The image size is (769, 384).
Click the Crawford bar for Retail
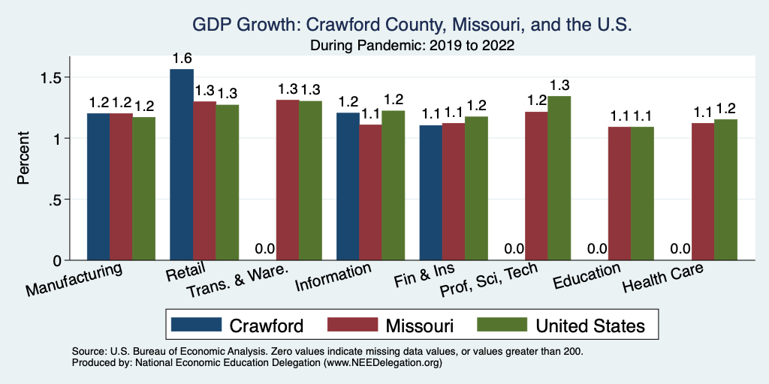tap(182, 165)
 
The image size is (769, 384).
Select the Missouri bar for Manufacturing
tap(121, 187)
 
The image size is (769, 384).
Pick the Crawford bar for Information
tap(348, 187)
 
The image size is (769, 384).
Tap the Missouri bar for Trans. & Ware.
tap(287, 180)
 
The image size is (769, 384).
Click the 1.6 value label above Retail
tap(182, 58)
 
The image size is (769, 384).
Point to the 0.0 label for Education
tap(596, 249)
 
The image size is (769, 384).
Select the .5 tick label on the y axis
tap(58, 199)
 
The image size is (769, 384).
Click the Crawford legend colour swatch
tap(197, 325)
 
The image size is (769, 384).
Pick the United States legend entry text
tap(590, 325)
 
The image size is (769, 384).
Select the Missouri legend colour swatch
tap(352, 325)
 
